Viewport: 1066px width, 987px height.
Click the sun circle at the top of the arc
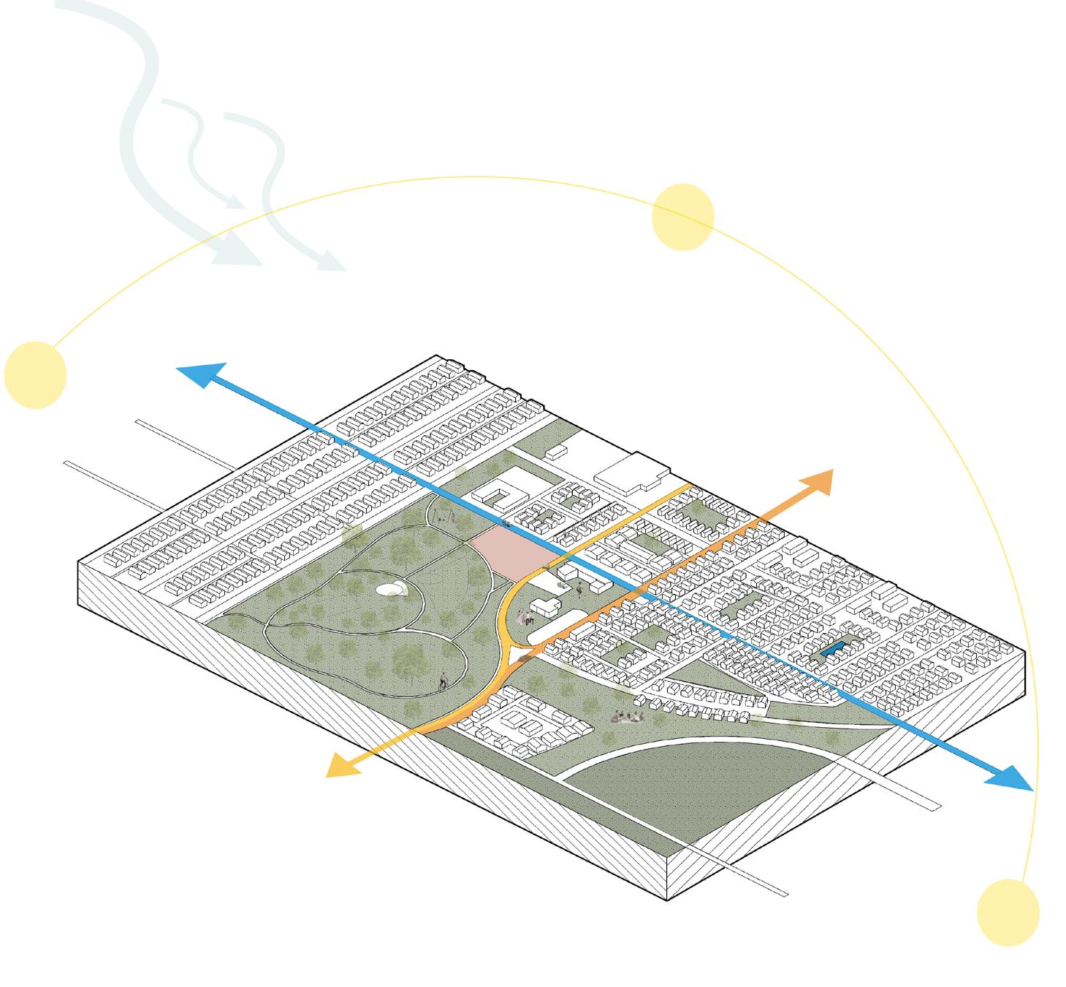[x=682, y=217]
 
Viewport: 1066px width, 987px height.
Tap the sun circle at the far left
[x=35, y=375]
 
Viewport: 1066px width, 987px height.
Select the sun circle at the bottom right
[x=1008, y=912]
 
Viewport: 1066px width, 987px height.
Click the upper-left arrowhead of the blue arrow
[x=196, y=375]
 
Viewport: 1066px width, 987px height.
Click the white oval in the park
[x=387, y=588]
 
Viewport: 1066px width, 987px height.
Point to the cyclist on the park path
[x=443, y=683]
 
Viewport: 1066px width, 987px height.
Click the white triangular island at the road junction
[x=519, y=656]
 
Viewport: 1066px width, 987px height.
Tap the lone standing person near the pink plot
[x=579, y=589]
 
